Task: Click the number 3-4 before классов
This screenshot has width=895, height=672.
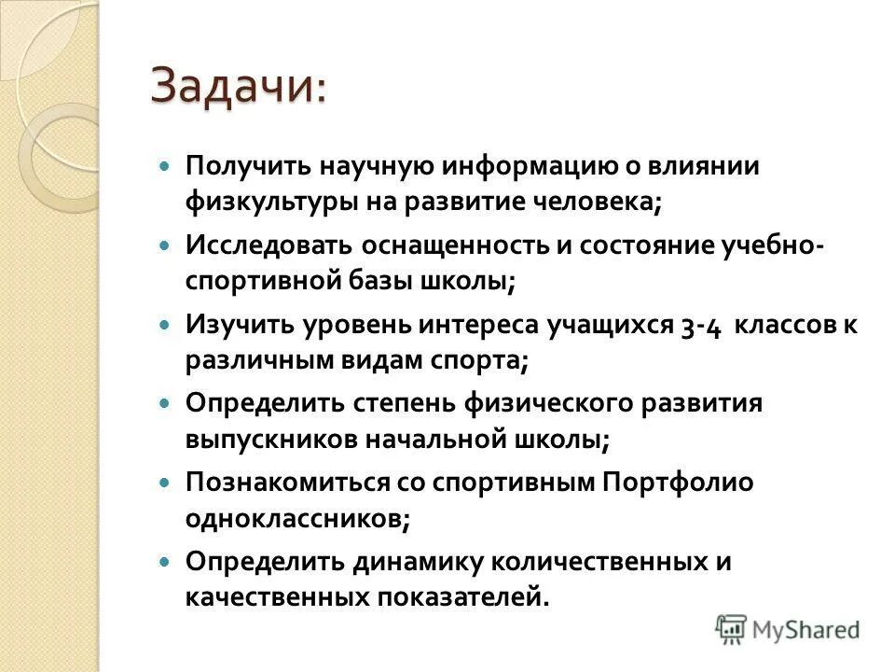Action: pos(699,325)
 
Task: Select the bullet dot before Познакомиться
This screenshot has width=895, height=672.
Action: pos(166,483)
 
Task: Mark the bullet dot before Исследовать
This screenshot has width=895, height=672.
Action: pos(166,245)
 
